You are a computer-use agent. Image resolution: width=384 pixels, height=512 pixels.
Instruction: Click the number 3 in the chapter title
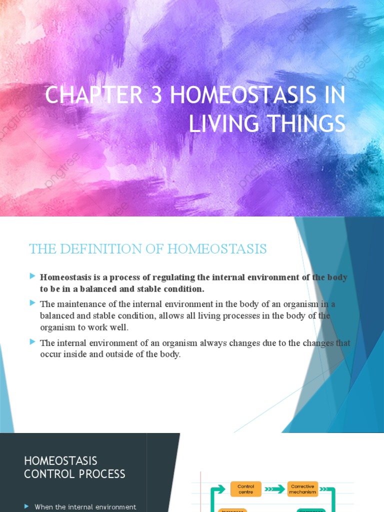[x=156, y=95]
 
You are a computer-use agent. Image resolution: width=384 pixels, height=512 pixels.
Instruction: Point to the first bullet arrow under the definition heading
[x=32, y=276]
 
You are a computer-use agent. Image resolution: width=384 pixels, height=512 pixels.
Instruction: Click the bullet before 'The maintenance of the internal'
[x=32, y=303]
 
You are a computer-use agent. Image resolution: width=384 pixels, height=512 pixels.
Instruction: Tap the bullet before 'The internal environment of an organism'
[x=32, y=342]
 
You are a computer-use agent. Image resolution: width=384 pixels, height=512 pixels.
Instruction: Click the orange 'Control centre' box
[x=246, y=489]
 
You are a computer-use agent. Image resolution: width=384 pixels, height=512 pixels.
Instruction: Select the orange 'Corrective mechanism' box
[x=302, y=489]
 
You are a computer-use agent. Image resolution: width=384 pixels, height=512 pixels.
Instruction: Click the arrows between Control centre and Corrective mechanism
[x=274, y=489]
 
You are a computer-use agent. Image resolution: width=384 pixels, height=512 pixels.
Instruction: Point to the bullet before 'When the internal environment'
[x=26, y=506]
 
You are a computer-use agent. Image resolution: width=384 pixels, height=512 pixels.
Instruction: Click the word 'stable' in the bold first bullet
[x=149, y=289]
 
